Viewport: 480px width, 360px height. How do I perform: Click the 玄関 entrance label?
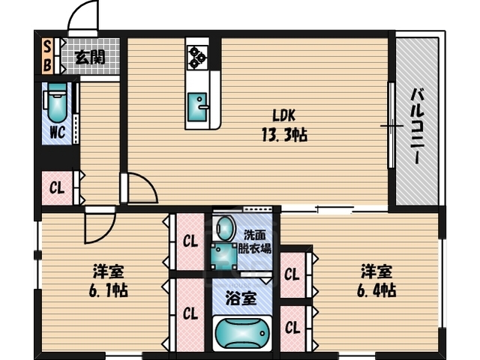coord(91,55)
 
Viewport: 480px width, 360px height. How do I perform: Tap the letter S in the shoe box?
coord(46,47)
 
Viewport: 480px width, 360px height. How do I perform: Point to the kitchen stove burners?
coord(198,55)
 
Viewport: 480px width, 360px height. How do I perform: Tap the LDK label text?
coord(283,116)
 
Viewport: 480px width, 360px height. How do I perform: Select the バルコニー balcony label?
coord(416,124)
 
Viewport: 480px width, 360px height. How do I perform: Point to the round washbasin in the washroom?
coord(223,227)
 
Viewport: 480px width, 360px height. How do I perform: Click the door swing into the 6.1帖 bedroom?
coord(97,227)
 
